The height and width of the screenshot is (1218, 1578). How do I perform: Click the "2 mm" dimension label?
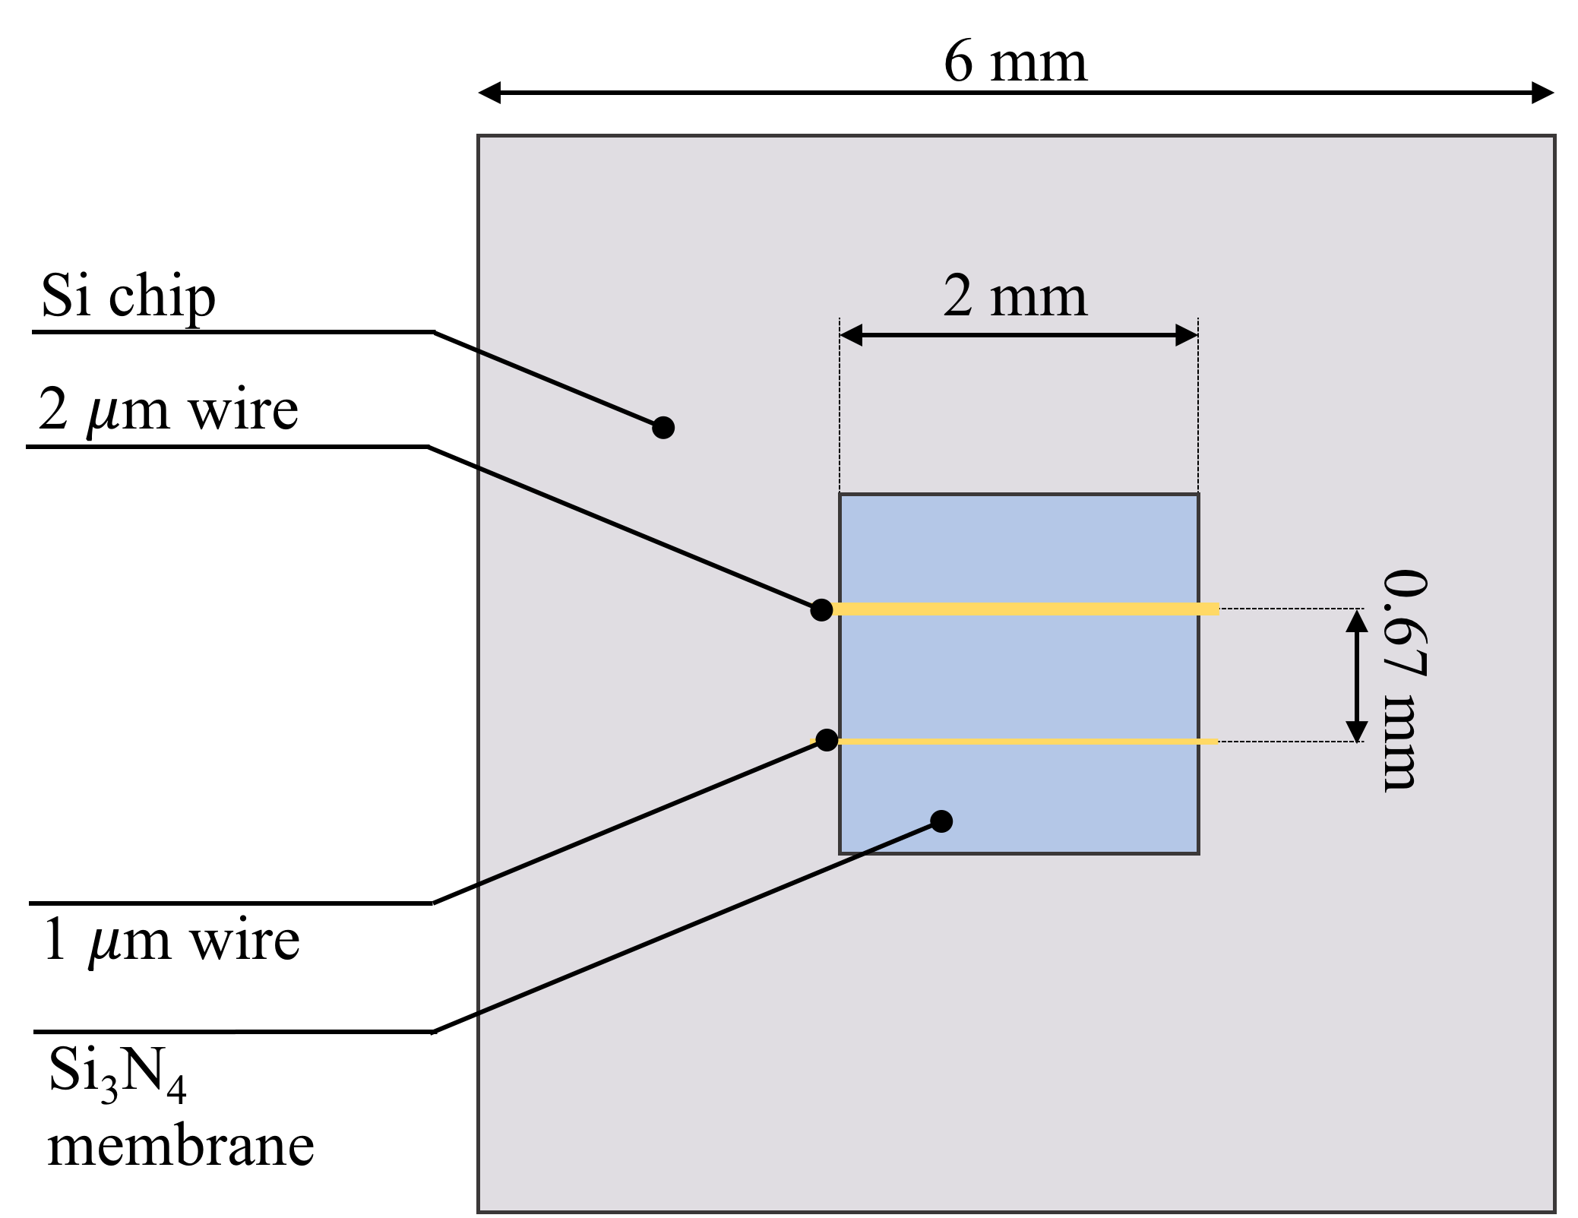tap(1015, 296)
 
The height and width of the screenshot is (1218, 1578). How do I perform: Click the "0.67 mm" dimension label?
tap(1403, 680)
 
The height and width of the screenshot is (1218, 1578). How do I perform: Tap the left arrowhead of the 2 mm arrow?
tap(852, 335)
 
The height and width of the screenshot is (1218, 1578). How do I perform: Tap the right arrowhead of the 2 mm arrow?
tap(1186, 335)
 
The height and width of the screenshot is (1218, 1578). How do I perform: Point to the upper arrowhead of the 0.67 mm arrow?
tap(1357, 622)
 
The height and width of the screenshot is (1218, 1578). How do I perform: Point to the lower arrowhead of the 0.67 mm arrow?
tap(1357, 730)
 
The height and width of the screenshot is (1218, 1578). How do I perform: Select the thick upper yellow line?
tap(1026, 609)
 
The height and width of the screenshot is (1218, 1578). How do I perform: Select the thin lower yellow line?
tap(1026, 741)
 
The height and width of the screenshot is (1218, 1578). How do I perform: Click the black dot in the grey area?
tap(663, 428)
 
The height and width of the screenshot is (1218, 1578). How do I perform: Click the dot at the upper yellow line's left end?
tap(821, 609)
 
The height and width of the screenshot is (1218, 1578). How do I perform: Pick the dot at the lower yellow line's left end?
tap(827, 740)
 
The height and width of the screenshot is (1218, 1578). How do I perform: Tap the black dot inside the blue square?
tap(941, 821)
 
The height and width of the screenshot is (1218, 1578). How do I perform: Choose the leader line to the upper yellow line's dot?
tap(646, 537)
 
